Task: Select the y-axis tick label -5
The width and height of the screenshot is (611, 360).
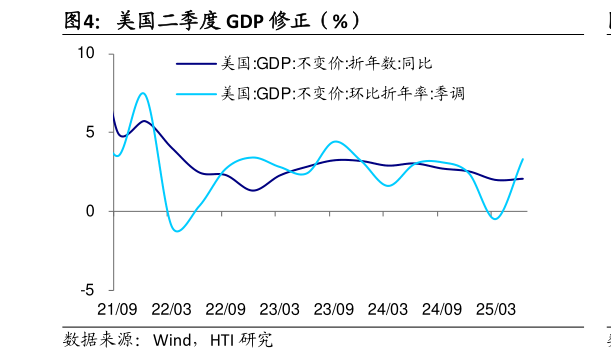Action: point(88,290)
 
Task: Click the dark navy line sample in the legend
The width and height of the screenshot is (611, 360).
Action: point(196,63)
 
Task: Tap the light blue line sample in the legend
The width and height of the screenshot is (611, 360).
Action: point(196,93)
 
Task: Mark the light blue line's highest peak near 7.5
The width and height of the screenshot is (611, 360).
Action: point(143,93)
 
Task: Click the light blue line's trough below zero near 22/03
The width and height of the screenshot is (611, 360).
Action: point(178,231)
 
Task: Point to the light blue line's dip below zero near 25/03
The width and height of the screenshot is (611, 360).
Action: point(495,218)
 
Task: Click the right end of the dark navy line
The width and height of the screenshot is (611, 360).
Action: point(523,178)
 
